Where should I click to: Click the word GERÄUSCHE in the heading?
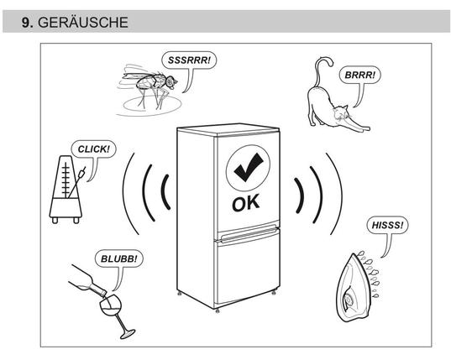[83, 23]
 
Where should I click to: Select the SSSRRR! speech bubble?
[189, 60]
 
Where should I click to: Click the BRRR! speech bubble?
[359, 75]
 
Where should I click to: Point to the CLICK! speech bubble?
[94, 149]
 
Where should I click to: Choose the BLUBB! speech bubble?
[118, 258]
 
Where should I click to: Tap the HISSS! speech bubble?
[388, 225]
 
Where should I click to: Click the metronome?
[66, 190]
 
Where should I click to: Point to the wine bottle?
[87, 281]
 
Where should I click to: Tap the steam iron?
[357, 287]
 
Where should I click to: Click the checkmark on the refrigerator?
[249, 167]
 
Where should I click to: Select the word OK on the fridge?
[246, 203]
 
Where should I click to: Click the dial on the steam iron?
[349, 300]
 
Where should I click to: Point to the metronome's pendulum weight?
[82, 174]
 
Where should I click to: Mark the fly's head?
[170, 82]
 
